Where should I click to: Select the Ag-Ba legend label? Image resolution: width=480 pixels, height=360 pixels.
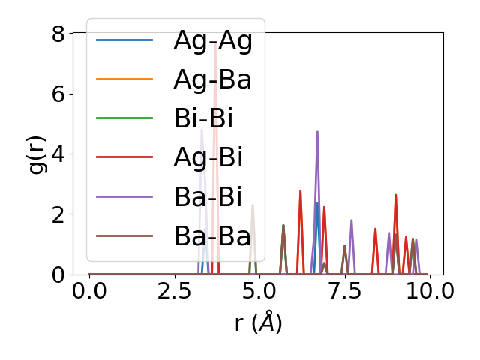[x=212, y=79]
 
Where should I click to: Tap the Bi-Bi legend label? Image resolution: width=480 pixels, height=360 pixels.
[x=203, y=118]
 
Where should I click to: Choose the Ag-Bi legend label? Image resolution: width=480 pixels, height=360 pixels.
[x=208, y=158]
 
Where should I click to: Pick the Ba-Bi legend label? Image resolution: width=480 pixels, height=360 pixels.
[x=208, y=197]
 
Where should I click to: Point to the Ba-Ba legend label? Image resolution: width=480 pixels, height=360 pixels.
[x=212, y=236]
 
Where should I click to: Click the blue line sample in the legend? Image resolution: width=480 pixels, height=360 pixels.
[x=124, y=40]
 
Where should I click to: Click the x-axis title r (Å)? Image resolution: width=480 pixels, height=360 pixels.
[x=258, y=323]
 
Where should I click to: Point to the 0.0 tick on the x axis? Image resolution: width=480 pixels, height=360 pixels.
[x=89, y=291]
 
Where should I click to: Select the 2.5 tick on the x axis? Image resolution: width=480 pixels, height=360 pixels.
[x=174, y=291]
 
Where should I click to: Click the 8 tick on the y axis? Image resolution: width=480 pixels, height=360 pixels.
[x=58, y=34]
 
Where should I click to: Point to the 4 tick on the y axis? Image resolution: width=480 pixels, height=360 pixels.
[x=58, y=154]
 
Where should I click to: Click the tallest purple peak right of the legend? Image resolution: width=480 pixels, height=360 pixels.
[x=317, y=132]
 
